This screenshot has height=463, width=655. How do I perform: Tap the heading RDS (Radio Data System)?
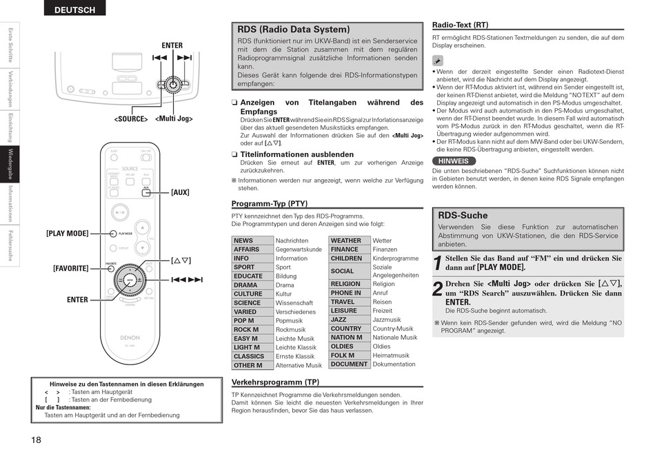tap(294, 30)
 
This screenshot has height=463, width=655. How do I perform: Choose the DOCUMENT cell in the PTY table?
tap(349, 364)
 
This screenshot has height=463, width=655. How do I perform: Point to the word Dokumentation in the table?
tap(394, 364)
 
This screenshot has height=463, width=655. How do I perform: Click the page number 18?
tap(36, 440)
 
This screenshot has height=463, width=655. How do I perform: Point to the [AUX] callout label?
tap(180, 192)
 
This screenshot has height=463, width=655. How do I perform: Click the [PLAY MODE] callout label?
tap(68, 234)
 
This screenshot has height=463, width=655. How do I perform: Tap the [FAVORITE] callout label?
tap(70, 268)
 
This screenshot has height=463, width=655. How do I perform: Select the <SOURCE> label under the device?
tap(131, 119)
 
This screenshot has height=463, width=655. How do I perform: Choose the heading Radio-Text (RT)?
tap(460, 24)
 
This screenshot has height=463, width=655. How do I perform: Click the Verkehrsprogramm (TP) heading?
tap(275, 382)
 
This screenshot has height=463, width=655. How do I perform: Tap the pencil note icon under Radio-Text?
tap(438, 61)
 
